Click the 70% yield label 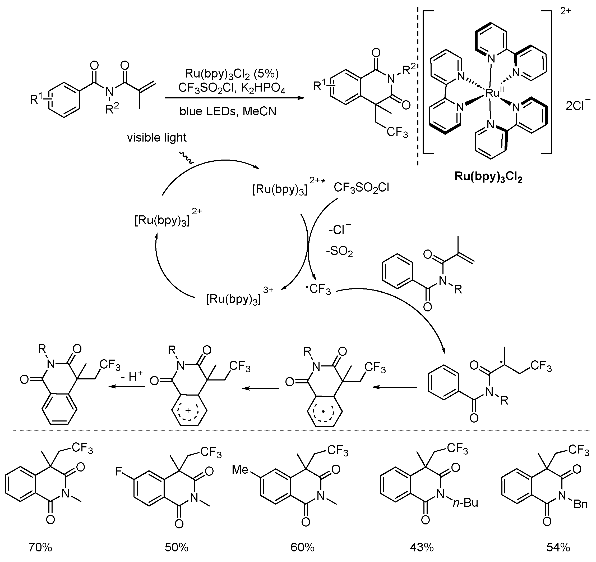(40, 547)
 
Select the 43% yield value (422, 547)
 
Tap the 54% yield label (558, 547)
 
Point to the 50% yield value (177, 547)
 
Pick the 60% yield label (303, 547)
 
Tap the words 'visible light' (157, 138)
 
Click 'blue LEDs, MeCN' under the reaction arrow (228, 111)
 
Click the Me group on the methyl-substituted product (241, 470)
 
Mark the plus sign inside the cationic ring (188, 411)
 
